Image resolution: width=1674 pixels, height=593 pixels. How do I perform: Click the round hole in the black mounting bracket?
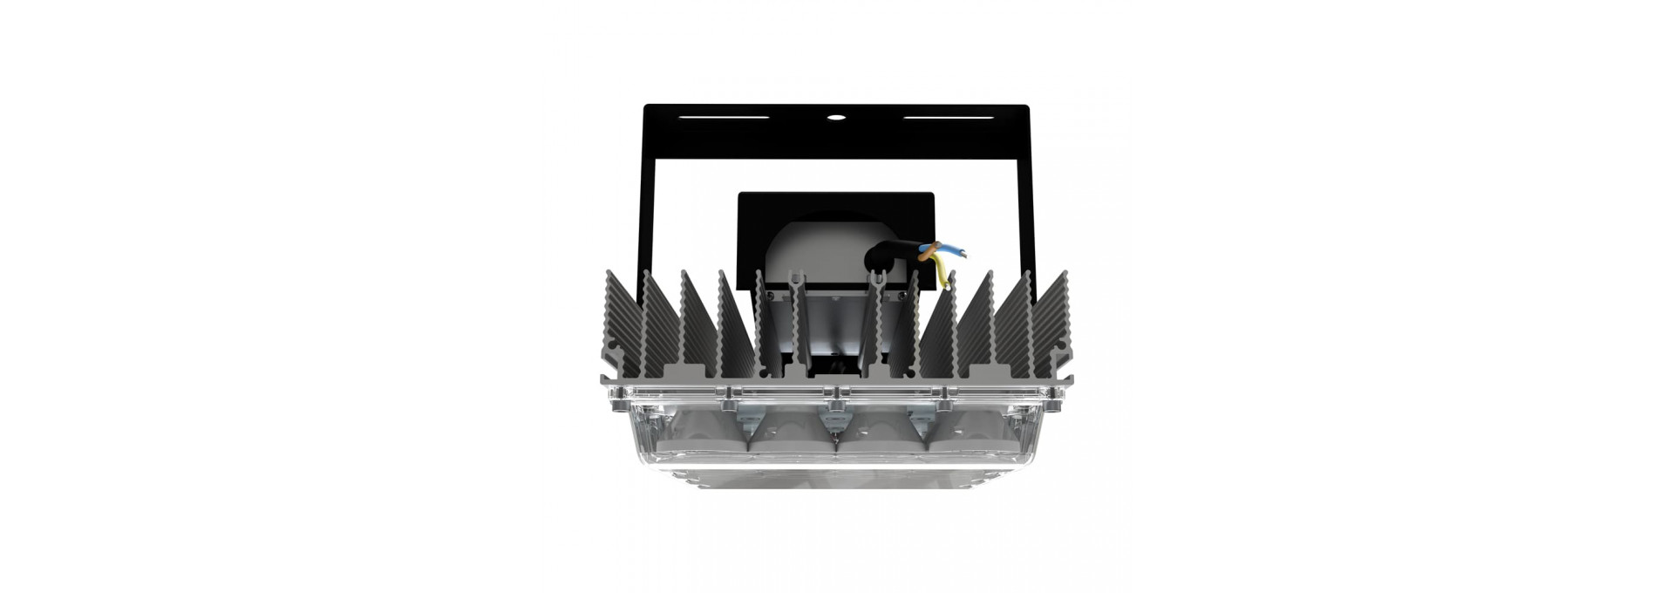coord(836,116)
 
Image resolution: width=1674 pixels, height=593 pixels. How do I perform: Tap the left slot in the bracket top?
coord(724,116)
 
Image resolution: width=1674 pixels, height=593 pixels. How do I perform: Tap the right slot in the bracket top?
coord(947,116)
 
